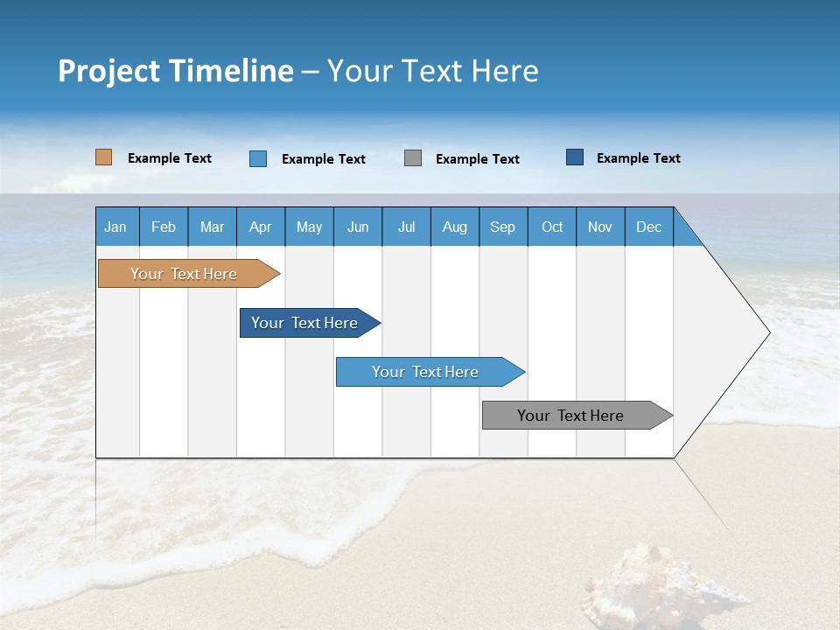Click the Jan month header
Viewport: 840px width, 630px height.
[115, 227]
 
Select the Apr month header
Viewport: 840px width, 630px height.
[260, 227]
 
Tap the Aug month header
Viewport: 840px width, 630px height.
[454, 227]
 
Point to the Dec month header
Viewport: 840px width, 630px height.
[648, 227]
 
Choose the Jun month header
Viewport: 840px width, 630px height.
[357, 227]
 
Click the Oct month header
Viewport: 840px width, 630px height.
[551, 227]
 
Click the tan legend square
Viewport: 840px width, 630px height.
[103, 157]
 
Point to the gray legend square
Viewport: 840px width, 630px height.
[413, 157]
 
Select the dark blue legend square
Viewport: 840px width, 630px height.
[575, 157]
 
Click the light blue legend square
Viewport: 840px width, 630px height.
[257, 158]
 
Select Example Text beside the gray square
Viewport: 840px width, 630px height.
[477, 159]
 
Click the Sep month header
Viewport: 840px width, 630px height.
[502, 227]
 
